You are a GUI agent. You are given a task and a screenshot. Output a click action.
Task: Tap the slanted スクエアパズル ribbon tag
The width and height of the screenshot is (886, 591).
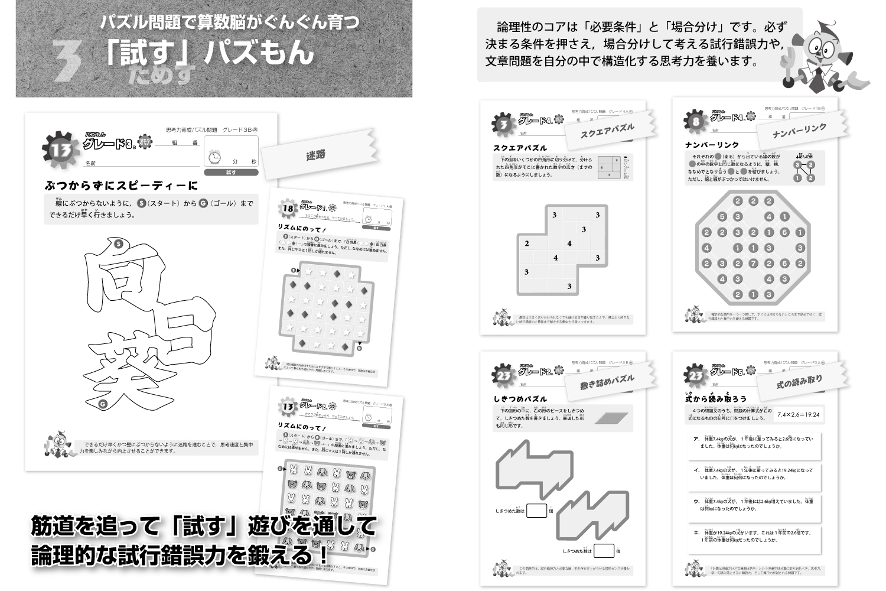607,131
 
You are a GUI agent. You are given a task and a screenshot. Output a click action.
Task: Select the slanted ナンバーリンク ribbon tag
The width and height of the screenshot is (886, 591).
799,132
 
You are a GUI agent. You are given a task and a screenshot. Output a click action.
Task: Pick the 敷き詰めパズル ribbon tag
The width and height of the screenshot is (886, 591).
607,382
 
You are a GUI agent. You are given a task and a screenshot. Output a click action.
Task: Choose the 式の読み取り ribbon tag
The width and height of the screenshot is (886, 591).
799,383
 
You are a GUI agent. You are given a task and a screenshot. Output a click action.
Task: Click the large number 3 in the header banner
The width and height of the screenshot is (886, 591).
70,61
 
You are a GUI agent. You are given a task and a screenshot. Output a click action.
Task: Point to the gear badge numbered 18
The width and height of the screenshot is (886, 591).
288,207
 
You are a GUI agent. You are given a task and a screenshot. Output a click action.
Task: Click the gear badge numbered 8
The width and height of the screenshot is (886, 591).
695,122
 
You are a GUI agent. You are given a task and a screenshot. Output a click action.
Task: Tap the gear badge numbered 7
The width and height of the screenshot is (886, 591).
503,124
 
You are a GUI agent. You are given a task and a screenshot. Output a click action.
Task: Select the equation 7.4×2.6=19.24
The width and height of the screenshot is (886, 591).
798,414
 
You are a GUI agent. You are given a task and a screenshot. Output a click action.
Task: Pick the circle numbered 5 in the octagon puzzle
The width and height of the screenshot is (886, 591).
722,217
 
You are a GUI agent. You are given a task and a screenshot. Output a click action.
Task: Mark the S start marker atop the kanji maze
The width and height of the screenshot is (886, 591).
119,243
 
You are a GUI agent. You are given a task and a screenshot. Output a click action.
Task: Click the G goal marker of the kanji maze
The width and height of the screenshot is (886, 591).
103,404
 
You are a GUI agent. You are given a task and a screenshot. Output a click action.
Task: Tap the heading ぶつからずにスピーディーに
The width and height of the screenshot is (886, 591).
121,186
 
